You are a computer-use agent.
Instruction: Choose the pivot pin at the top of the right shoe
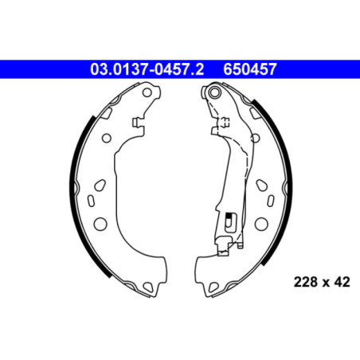(x=213, y=95)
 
